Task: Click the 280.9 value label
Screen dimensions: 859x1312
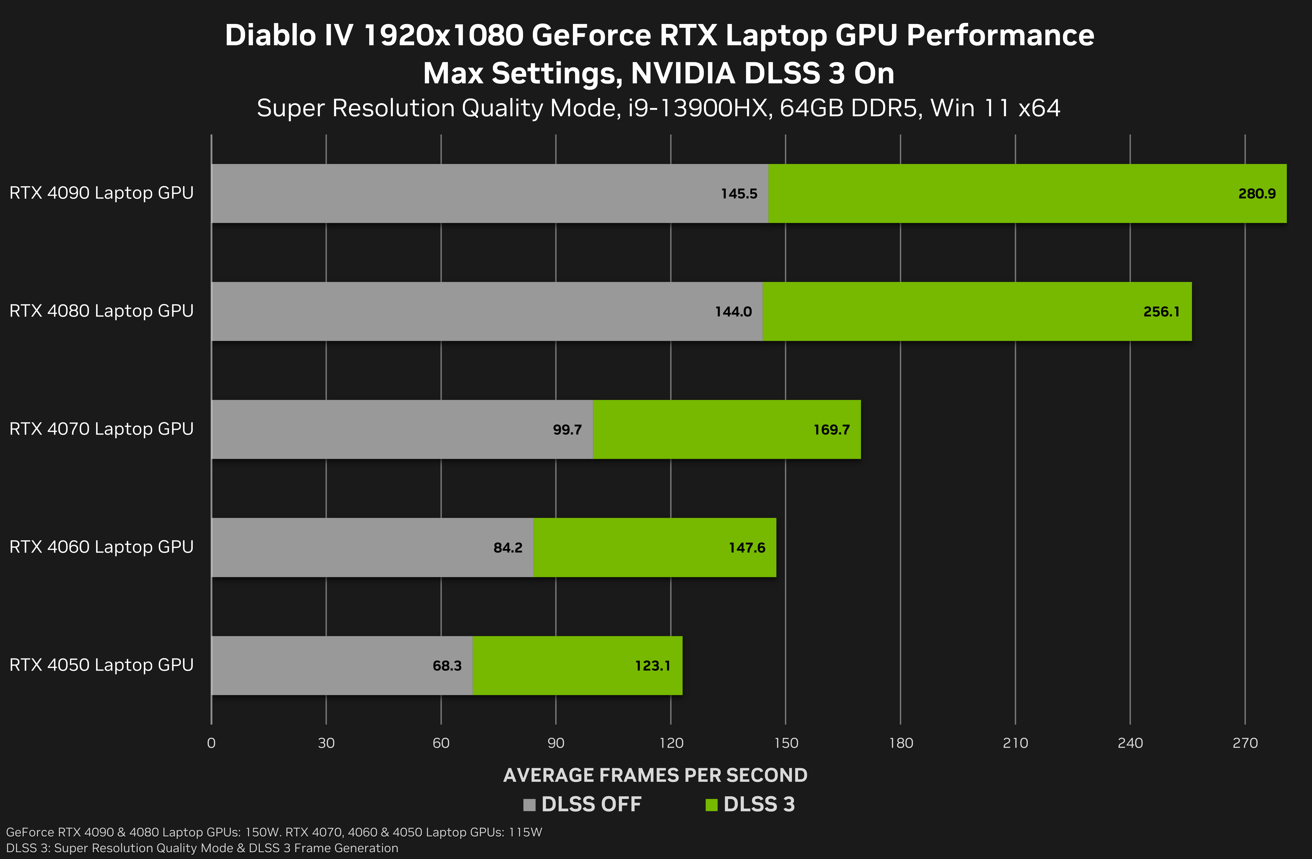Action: point(1257,194)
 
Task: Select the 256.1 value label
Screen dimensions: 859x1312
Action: point(1162,312)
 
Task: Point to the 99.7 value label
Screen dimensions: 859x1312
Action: point(567,430)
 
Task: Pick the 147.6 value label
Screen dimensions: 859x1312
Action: point(747,548)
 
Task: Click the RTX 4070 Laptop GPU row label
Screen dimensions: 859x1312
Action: point(101,429)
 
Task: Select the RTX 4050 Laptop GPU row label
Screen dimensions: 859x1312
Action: point(101,665)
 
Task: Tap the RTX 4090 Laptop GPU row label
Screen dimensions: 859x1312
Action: point(101,193)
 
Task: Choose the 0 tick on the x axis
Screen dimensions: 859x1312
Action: point(211,743)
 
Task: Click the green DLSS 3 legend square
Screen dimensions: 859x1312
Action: point(711,805)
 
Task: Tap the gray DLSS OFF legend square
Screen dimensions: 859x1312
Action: point(529,805)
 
